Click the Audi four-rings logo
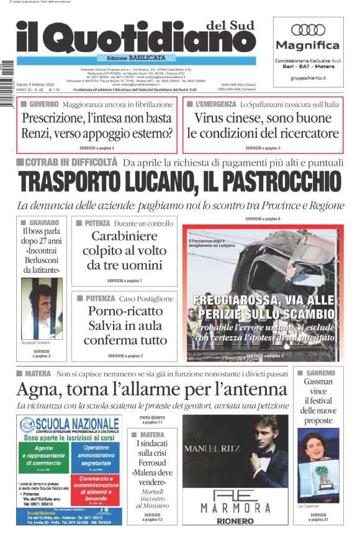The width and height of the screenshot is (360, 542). (308, 29)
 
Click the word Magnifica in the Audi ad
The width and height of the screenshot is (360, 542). (308, 45)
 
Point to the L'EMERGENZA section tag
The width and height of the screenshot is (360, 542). (215, 104)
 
